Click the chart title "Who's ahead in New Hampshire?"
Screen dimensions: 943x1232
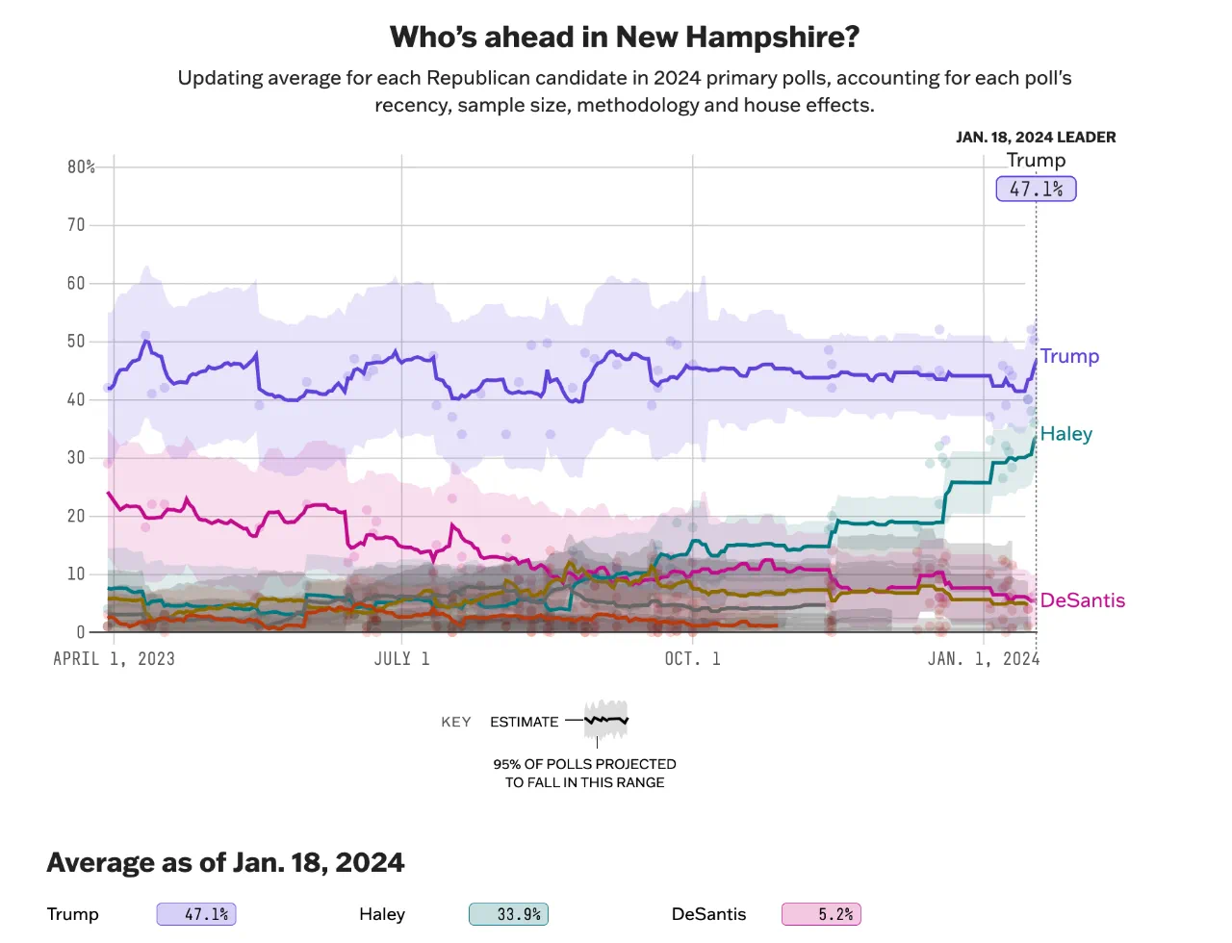coord(624,38)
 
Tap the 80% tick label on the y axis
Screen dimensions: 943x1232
coord(81,167)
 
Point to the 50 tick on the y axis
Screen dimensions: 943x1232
coord(76,342)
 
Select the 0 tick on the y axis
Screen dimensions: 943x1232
coord(81,632)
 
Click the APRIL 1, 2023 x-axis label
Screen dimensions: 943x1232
coord(114,659)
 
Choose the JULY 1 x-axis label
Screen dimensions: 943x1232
coord(401,659)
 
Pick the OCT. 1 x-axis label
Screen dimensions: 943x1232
coord(692,659)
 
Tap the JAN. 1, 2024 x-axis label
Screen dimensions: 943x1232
coord(983,659)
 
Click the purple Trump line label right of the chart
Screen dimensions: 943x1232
coord(1069,356)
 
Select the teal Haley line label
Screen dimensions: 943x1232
coord(1065,434)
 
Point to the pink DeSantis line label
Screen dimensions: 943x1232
coord(1082,600)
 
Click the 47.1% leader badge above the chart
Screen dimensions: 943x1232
coord(1036,189)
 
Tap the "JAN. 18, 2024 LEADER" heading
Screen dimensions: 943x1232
coord(1036,138)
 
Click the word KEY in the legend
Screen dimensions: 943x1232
coord(456,723)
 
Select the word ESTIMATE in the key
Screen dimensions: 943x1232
coord(524,723)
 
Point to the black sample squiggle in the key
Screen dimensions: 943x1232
coord(606,720)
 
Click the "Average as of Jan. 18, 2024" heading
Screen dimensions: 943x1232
coord(225,862)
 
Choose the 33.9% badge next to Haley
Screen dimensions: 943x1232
coord(508,914)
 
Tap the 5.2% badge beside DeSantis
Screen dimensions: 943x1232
coord(821,914)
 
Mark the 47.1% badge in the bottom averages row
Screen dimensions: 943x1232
coord(196,914)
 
